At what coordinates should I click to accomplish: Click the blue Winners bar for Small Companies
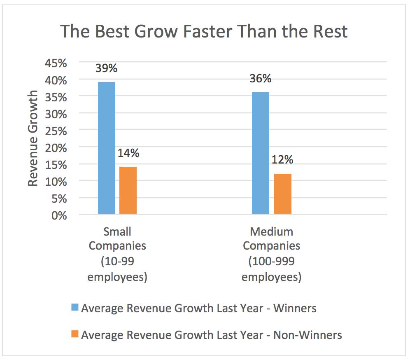pos(107,148)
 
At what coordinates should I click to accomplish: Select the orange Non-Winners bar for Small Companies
pos(128,190)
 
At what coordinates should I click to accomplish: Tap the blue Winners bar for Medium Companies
pos(261,153)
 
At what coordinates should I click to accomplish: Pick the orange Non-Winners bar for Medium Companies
pos(283,194)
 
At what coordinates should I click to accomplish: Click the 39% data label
pos(106,68)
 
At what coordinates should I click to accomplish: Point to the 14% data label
pos(128,153)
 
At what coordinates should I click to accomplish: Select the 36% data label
pos(261,79)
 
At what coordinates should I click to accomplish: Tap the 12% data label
pos(282,159)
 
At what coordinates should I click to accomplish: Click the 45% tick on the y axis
pos(56,63)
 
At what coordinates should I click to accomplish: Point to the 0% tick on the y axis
pos(59,215)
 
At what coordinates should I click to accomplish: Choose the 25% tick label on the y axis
pos(56,131)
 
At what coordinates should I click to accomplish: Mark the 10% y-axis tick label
pos(56,182)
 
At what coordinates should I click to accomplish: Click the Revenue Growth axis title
pos(33,138)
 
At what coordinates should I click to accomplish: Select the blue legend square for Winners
pos(75,307)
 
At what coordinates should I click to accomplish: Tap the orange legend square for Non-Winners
pos(75,334)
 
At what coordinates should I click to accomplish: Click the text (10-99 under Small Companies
pos(117,262)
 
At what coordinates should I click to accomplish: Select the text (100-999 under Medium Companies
pos(271,262)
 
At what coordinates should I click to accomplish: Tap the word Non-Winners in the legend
pos(307,335)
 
